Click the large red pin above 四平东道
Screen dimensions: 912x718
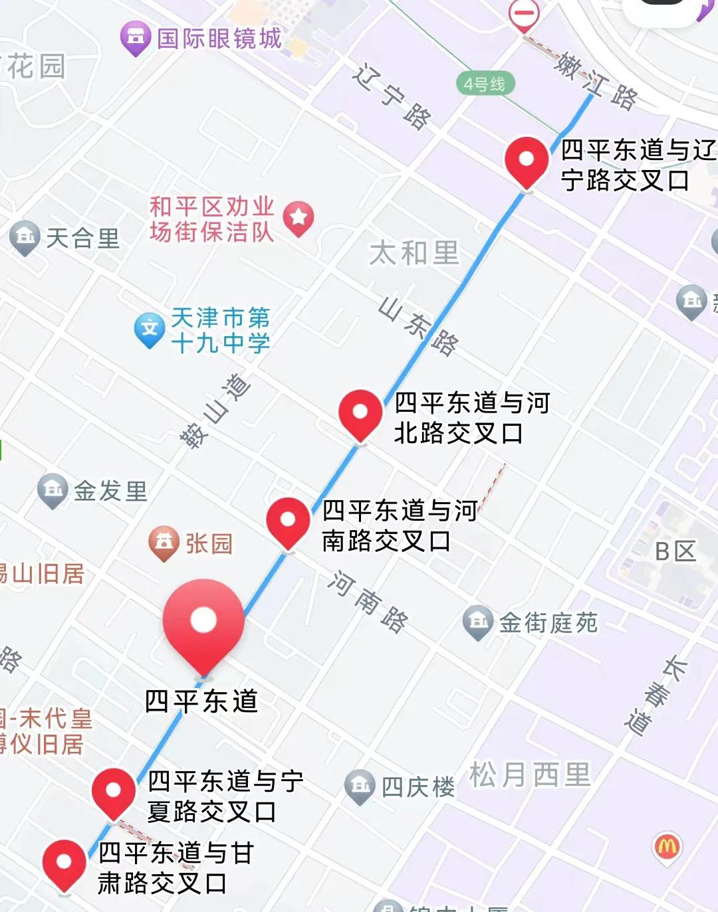tap(203, 622)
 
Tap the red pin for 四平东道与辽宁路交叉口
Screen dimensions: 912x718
tap(527, 161)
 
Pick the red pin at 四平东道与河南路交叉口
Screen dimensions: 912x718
tap(288, 521)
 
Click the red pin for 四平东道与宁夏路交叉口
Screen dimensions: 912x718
tap(114, 791)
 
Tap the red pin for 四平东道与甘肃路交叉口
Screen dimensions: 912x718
tap(64, 863)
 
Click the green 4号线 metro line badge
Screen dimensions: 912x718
tap(485, 84)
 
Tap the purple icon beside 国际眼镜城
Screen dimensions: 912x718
tap(136, 37)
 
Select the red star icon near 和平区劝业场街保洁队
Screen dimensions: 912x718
tap(299, 217)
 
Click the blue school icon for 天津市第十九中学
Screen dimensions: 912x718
tap(150, 329)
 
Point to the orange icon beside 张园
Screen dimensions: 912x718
tap(164, 542)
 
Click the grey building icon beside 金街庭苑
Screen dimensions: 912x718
tap(477, 622)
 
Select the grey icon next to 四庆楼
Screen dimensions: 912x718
tap(360, 786)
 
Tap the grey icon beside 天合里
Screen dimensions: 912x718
tap(25, 236)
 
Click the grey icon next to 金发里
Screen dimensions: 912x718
tap(53, 490)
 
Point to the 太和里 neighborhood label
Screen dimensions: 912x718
tap(414, 253)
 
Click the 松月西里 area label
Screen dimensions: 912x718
tap(530, 775)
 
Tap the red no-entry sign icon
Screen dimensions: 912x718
tap(524, 14)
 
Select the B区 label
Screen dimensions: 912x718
tap(675, 551)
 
